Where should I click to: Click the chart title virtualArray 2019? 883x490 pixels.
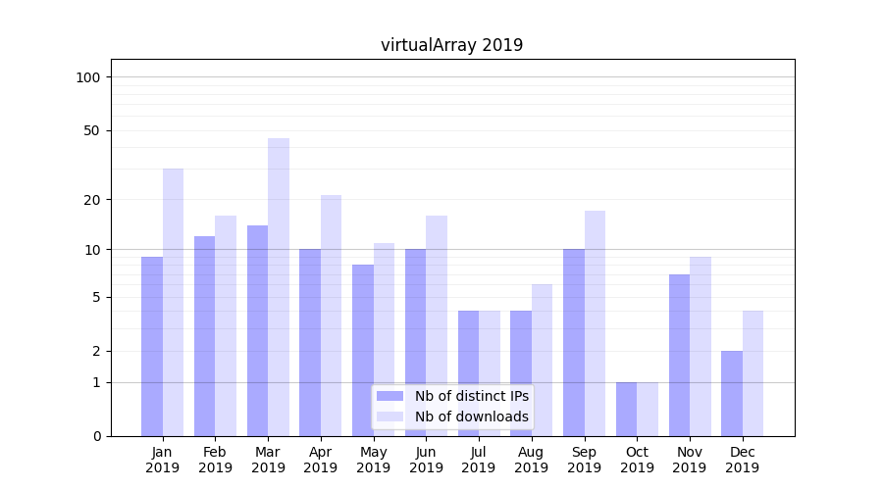[x=451, y=45]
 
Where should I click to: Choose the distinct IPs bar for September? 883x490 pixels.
[x=573, y=342]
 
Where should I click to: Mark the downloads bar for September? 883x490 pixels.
[x=595, y=323]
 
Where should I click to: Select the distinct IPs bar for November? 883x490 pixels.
[x=679, y=355]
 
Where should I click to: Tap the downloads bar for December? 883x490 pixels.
[x=753, y=373]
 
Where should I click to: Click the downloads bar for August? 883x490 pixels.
[x=542, y=360]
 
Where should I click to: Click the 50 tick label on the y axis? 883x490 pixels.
[x=91, y=130]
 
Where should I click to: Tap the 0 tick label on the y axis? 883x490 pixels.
[x=96, y=436]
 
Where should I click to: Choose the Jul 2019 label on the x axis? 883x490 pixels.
[x=479, y=460]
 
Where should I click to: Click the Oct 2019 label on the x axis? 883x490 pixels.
[x=637, y=460]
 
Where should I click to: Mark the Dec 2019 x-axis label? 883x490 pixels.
[x=743, y=460]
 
